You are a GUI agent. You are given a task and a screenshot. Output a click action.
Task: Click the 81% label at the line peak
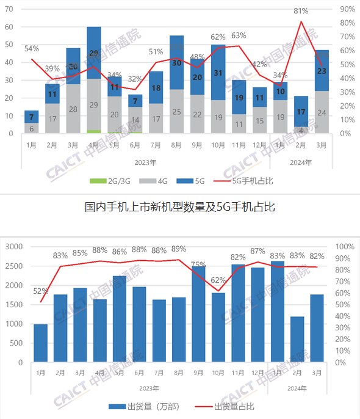[300, 11]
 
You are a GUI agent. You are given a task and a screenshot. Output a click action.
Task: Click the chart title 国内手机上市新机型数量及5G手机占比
[179, 207]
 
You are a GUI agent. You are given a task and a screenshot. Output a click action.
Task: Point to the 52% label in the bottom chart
[41, 291]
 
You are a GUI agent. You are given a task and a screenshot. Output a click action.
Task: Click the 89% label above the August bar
[178, 249]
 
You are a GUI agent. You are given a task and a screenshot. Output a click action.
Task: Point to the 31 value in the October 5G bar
[218, 73]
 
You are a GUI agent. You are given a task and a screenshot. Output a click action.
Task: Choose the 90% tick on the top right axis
[347, 9]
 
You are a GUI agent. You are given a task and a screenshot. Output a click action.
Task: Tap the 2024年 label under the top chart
[300, 162]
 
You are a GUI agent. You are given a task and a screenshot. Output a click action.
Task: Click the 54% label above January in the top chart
[32, 48]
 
